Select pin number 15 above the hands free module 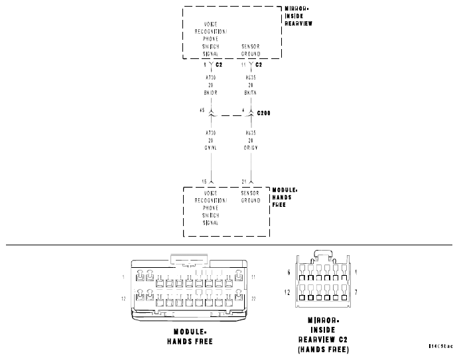click(x=204, y=181)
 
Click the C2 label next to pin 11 click(x=259, y=65)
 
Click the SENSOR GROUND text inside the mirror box click(x=249, y=50)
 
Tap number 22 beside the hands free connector click(x=254, y=299)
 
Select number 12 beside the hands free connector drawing click(x=123, y=299)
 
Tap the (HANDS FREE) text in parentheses click(x=324, y=349)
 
